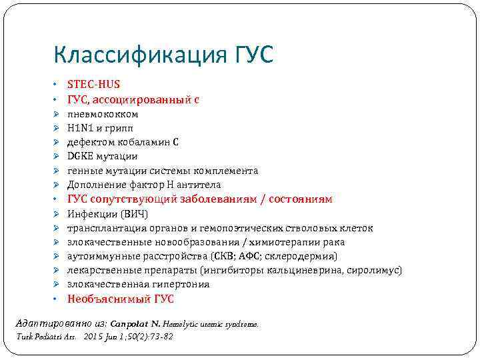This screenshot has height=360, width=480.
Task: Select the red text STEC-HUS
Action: tap(93, 85)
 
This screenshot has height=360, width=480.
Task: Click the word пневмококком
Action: tap(103, 114)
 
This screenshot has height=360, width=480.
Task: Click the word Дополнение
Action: tap(96, 185)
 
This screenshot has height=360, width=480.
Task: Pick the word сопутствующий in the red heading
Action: tap(133, 199)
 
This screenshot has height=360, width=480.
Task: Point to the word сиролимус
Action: tap(377, 270)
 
